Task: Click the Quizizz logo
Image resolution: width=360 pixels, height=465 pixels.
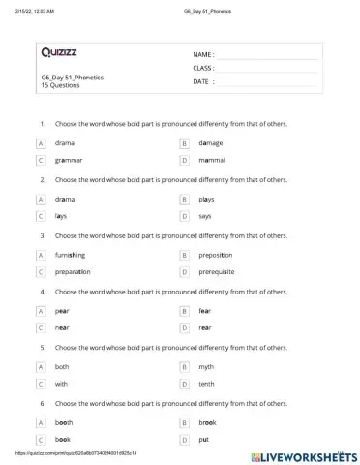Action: (60, 51)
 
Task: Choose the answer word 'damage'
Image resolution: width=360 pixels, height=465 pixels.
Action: (210, 142)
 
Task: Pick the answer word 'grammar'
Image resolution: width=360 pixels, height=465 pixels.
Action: (69, 159)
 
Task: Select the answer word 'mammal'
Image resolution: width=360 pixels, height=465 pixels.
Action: (212, 159)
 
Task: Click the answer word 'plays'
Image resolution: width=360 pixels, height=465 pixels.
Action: (206, 199)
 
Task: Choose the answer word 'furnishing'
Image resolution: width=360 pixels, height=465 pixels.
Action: (71, 255)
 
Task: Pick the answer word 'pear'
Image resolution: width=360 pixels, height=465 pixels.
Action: (62, 311)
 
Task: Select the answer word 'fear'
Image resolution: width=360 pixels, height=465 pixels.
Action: (204, 311)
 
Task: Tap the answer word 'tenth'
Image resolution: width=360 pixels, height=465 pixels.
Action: (206, 384)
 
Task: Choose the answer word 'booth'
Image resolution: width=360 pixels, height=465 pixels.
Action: (64, 423)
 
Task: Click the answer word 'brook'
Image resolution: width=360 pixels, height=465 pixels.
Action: (207, 423)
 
